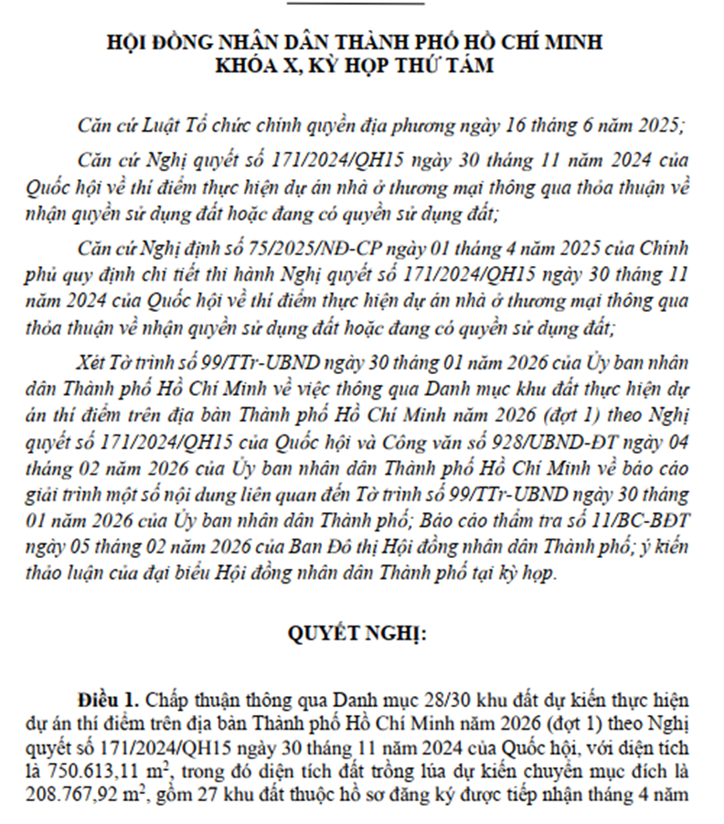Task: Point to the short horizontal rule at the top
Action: point(356,3)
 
